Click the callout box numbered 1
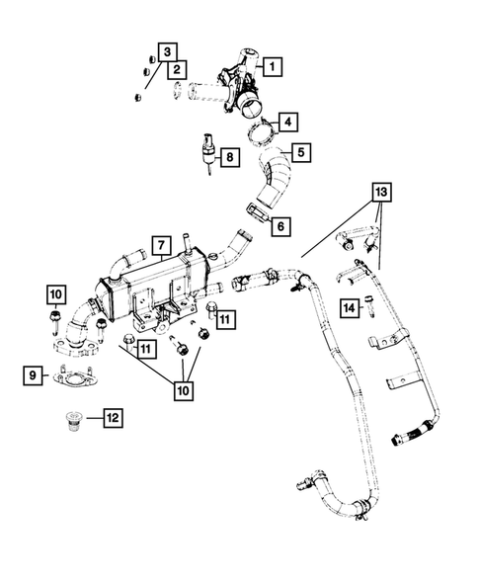[x=271, y=68]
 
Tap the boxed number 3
[x=168, y=50]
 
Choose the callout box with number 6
[x=280, y=226]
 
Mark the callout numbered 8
[x=228, y=156]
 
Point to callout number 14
[x=349, y=308]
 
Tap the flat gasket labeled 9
[x=73, y=375]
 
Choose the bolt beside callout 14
[x=369, y=308]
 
